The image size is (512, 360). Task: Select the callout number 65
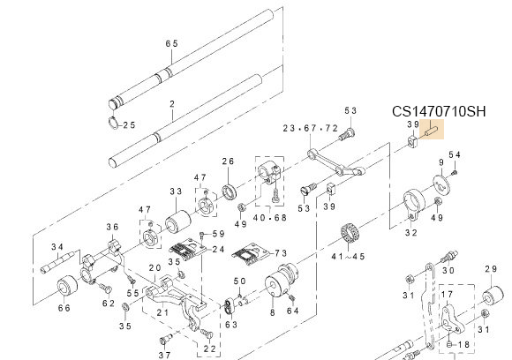(171, 43)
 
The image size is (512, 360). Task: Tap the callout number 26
(228, 161)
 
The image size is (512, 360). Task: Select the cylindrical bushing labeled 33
(175, 213)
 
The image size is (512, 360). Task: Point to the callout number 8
(272, 311)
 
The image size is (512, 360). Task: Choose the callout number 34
(57, 246)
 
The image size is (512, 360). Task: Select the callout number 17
(448, 295)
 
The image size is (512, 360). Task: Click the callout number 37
(164, 355)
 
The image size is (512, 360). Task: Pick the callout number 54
(455, 155)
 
